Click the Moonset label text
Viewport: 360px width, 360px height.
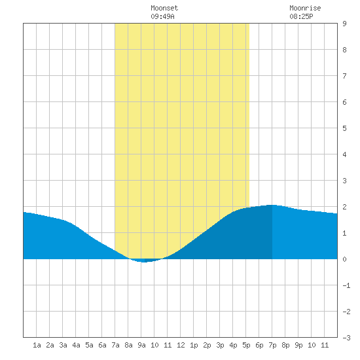coord(164,8)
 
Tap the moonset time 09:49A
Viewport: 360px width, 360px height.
coord(162,16)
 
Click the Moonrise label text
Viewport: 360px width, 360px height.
coord(305,8)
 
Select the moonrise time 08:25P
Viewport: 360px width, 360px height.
coord(301,16)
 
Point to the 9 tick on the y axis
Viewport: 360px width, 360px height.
coord(344,24)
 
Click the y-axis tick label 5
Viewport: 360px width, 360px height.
coord(344,128)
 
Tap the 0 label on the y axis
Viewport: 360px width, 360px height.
coord(344,259)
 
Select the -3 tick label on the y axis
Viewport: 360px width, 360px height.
coord(346,338)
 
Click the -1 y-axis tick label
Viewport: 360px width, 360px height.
coord(346,285)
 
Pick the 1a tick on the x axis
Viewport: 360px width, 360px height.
coord(37,345)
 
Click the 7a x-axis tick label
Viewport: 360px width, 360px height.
coord(115,345)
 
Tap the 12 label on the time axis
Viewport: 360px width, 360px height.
coord(181,345)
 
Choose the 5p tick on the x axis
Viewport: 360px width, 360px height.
coord(246,345)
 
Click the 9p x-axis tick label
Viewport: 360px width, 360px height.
coord(298,345)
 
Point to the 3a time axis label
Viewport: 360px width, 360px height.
coord(63,345)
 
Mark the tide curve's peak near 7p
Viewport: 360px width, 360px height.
coord(272,205)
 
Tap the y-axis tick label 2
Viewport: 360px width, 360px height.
coord(344,207)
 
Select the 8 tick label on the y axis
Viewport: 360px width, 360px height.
coord(344,50)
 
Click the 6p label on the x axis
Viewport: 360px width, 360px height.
coord(259,345)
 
